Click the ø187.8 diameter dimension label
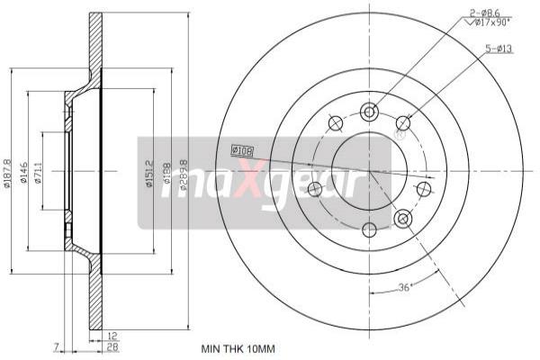[x=8, y=171]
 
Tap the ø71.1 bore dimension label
[x=39, y=171]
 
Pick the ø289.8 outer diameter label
[x=183, y=171]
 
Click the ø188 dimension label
[x=166, y=172]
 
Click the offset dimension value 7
[x=55, y=346]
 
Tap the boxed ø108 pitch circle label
[x=243, y=149]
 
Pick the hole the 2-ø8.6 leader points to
[x=368, y=112]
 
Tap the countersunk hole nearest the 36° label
[x=402, y=217]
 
